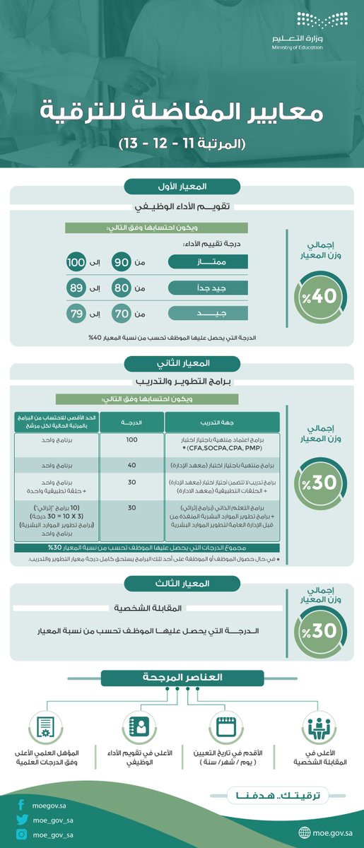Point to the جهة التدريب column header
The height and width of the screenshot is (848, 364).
[x=222, y=422]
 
